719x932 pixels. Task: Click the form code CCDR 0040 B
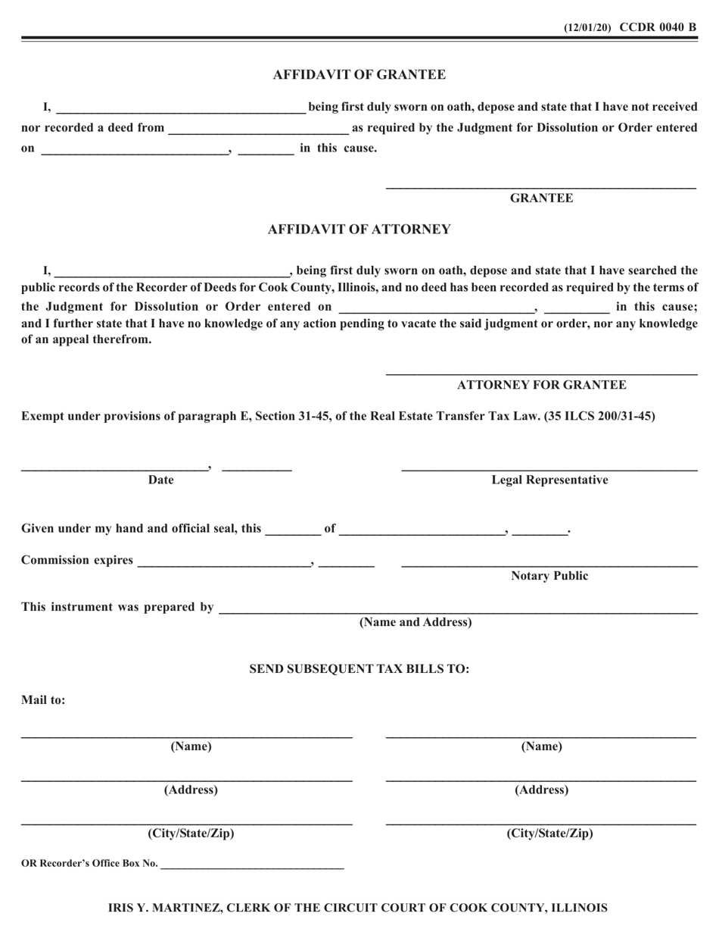658,27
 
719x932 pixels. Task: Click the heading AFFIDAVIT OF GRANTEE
359,74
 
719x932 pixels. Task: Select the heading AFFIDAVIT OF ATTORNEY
359,230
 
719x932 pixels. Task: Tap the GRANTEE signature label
541,199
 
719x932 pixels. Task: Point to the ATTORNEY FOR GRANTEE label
541,385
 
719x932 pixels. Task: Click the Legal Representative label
549,480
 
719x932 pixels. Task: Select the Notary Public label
549,576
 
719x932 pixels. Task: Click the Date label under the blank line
160,480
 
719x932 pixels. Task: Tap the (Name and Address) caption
415,623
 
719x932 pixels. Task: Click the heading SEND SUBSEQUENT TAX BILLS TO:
359,669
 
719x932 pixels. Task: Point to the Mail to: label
43,700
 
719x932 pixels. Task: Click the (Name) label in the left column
191,746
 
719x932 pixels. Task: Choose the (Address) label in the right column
541,790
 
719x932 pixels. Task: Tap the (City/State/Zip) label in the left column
191,834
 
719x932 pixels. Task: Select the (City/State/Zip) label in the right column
549,834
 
